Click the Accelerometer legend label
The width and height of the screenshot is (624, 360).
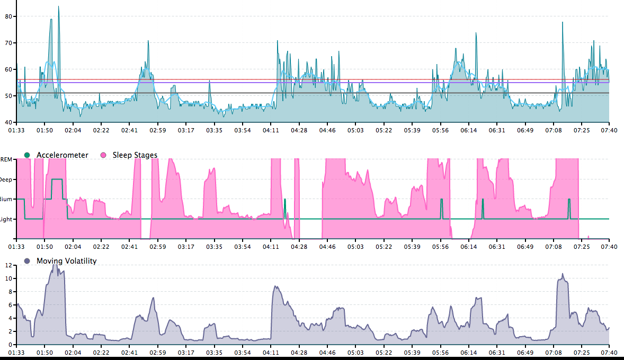pyautogui.click(x=63, y=155)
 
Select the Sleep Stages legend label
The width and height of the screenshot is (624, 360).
pyautogui.click(x=135, y=155)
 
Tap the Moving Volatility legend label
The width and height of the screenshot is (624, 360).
pyautogui.click(x=66, y=260)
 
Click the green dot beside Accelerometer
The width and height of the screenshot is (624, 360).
pyautogui.click(x=27, y=155)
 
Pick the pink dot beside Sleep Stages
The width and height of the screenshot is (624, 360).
pyautogui.click(x=103, y=155)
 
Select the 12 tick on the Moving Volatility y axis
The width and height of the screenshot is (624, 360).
pyautogui.click(x=8, y=265)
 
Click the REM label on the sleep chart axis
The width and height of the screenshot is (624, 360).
pyautogui.click(x=6, y=159)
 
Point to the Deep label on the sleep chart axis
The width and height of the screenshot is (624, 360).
pyautogui.click(x=6, y=179)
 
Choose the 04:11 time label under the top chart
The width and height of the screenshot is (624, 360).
pyautogui.click(x=271, y=130)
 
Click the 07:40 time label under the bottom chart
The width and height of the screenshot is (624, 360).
pyautogui.click(x=609, y=353)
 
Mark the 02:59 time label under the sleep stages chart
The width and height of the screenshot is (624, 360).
pyautogui.click(x=158, y=247)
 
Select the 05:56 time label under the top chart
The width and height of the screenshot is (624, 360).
pyautogui.click(x=440, y=130)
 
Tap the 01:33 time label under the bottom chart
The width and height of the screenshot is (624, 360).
pyautogui.click(x=17, y=353)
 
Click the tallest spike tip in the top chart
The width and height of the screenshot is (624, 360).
pyautogui.click(x=58, y=7)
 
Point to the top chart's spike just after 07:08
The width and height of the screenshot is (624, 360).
pyautogui.click(x=563, y=23)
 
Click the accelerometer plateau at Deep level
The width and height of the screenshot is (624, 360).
pyautogui.click(x=57, y=179)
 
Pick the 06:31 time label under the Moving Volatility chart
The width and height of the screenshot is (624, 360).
pyautogui.click(x=496, y=353)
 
